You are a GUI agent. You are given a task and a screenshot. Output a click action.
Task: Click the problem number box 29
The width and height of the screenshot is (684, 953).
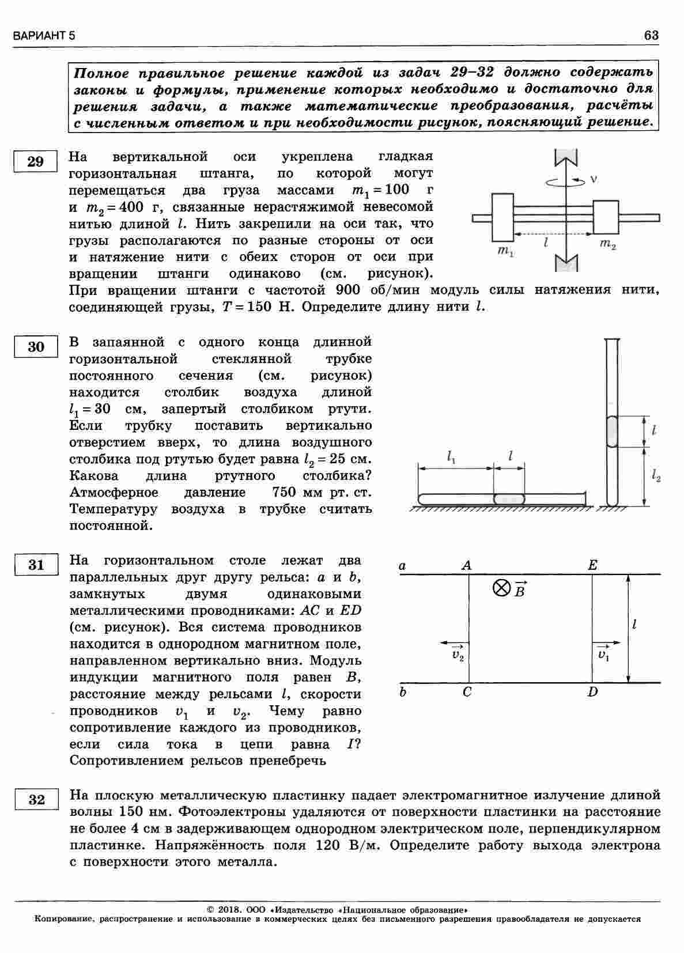click(36, 161)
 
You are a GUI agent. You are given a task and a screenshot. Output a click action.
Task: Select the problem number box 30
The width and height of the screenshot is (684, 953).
click(36, 346)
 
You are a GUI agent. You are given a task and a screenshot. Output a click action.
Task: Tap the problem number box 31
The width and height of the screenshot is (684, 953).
click(36, 565)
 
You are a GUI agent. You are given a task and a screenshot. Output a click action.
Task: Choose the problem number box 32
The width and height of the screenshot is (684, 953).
click(36, 800)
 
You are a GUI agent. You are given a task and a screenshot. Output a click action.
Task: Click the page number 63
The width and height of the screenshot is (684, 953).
click(651, 36)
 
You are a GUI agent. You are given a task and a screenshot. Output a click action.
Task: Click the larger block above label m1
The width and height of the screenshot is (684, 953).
click(502, 217)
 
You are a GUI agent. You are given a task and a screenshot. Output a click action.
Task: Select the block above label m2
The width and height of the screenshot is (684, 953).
click(606, 217)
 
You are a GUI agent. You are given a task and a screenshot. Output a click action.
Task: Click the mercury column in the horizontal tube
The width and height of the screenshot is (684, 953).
click(509, 498)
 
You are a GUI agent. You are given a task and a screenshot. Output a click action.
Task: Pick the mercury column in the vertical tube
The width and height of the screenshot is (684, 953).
click(611, 431)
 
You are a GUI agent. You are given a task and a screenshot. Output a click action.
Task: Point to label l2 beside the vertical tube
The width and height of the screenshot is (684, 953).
click(656, 476)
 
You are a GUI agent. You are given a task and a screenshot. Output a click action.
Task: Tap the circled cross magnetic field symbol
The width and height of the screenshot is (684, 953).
click(501, 588)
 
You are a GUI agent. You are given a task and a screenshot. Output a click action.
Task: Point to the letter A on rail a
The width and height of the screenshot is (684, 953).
click(467, 566)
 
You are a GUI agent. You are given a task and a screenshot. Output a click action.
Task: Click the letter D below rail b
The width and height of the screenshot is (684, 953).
click(593, 692)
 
